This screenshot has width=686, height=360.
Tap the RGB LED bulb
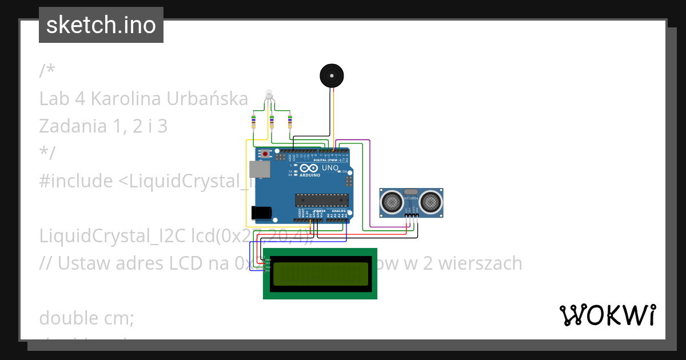point(269,95)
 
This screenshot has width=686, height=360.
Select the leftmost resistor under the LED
point(253,121)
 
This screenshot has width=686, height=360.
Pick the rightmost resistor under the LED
point(290,121)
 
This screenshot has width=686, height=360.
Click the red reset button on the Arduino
point(265,154)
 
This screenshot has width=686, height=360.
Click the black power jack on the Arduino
point(261,213)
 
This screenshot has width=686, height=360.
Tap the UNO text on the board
point(330,169)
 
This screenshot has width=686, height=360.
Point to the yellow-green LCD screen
point(320,273)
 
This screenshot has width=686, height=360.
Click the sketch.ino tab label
point(101,25)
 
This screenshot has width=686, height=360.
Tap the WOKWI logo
point(608,315)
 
